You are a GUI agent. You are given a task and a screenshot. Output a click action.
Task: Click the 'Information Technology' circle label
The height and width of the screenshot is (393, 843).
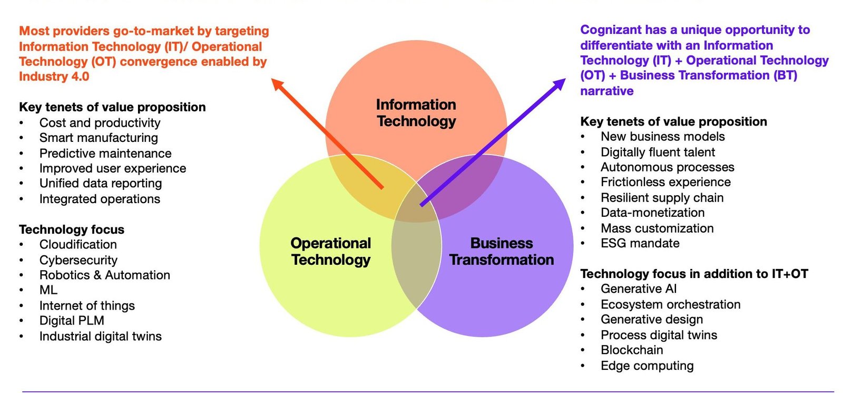(x=416, y=113)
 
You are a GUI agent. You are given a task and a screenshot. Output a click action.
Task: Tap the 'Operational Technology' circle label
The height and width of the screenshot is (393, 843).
(x=331, y=252)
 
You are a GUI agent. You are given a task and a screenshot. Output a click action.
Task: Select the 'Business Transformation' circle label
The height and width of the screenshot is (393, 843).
(x=502, y=252)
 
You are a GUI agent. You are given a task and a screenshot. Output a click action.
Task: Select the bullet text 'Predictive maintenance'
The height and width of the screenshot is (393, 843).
(x=105, y=154)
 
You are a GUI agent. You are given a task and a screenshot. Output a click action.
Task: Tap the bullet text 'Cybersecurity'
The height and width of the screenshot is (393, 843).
(x=79, y=260)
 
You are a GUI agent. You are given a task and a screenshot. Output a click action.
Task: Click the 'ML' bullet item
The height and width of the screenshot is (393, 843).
(x=48, y=290)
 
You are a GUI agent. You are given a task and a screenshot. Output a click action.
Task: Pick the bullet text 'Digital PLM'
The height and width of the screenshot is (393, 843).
(x=72, y=321)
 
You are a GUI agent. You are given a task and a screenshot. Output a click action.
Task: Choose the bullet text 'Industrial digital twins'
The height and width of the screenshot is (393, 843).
(x=101, y=337)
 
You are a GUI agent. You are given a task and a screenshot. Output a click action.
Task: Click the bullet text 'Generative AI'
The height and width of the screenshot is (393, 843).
(x=639, y=289)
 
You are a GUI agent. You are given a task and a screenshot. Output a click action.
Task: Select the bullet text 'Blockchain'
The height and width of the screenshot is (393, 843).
(x=632, y=350)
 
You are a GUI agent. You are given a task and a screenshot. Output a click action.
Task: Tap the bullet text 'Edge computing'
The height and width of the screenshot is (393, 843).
(x=647, y=366)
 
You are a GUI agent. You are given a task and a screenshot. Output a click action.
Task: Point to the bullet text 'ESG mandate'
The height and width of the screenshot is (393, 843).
(x=640, y=244)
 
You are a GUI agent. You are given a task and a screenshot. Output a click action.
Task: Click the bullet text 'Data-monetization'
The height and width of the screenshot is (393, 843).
(x=653, y=213)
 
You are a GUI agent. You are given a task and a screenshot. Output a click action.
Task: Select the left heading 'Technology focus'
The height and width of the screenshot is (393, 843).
(x=72, y=229)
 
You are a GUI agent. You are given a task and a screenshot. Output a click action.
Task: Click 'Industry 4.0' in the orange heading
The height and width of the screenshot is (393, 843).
(x=54, y=76)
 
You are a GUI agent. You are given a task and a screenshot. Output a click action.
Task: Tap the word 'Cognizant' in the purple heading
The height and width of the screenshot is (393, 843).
(x=611, y=30)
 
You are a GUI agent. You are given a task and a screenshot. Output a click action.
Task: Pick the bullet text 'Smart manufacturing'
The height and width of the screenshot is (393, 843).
(x=99, y=138)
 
